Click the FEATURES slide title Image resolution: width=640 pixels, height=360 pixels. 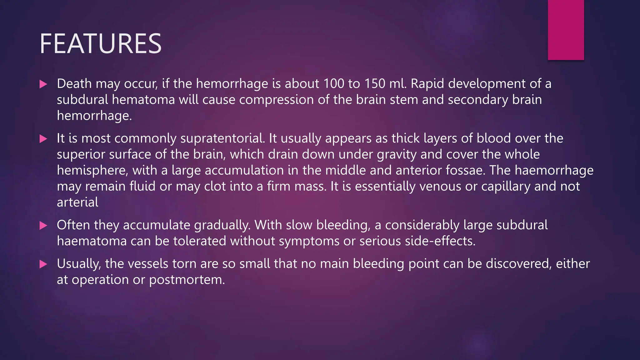pyautogui.click(x=100, y=44)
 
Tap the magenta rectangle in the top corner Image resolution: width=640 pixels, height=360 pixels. pyautogui.click(x=566, y=30)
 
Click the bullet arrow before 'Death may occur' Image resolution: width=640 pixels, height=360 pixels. pyautogui.click(x=43, y=84)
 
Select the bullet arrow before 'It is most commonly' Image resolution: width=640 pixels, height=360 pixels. pyautogui.click(x=43, y=139)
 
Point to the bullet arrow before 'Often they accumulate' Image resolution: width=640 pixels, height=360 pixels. pyautogui.click(x=43, y=225)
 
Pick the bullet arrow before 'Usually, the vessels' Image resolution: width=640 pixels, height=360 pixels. pyautogui.click(x=43, y=264)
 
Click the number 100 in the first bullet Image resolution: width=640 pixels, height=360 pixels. pyautogui.click(x=334, y=84)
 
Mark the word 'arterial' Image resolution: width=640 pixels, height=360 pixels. pyautogui.click(x=77, y=202)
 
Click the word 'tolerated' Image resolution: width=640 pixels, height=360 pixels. pyautogui.click(x=200, y=241)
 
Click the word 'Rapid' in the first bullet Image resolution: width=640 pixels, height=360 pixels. pyautogui.click(x=427, y=84)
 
